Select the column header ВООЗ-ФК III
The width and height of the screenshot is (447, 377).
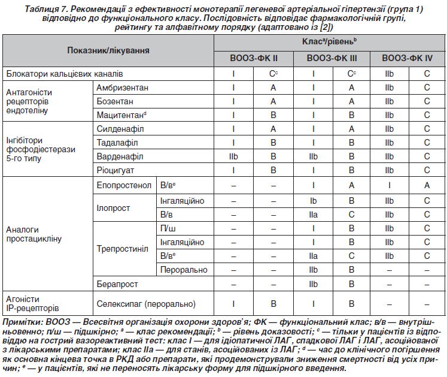coord(332,59)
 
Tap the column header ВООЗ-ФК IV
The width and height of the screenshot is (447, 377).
coord(407,59)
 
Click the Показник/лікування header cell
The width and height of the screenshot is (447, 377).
coord(108,52)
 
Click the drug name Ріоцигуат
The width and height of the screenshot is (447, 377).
coord(117,170)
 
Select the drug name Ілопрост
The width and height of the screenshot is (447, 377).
coord(113,207)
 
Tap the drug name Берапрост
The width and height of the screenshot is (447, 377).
coord(117,283)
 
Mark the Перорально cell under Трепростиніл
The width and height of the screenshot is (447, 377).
coord(184,270)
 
